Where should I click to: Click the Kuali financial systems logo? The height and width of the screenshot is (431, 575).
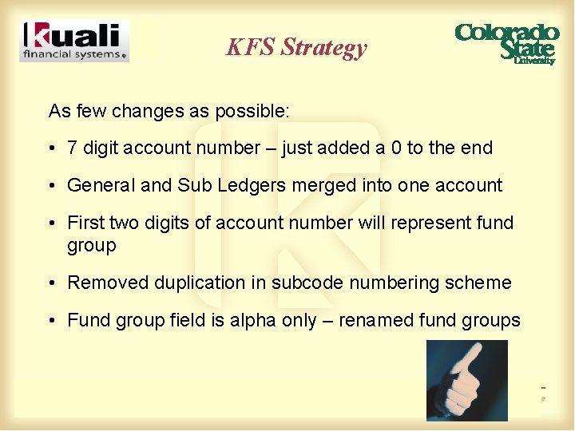click(x=74, y=42)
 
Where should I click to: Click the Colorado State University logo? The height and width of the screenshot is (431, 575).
click(x=506, y=44)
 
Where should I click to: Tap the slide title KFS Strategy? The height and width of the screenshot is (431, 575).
click(x=296, y=47)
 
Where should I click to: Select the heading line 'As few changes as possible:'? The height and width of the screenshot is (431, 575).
click(x=169, y=110)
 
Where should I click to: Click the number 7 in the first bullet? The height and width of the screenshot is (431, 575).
click(x=73, y=148)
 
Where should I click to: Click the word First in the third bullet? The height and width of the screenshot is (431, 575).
click(x=85, y=223)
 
